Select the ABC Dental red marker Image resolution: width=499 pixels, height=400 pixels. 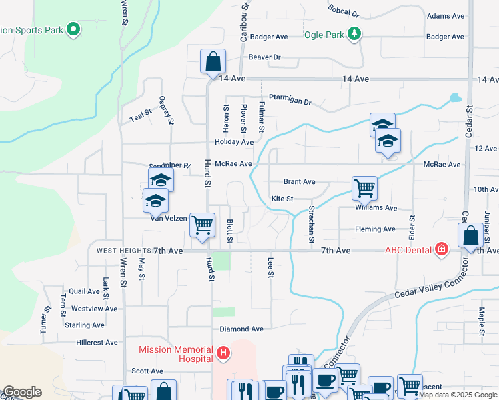tap(441, 250)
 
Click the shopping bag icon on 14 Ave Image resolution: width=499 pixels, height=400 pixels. tap(213, 62)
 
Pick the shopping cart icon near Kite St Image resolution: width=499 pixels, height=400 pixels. tap(364, 188)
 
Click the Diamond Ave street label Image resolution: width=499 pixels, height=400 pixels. tap(241, 329)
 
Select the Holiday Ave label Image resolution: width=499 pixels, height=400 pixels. tap(234, 143)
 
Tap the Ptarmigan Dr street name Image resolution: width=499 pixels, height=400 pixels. tap(290, 99)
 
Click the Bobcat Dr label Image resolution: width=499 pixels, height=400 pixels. tap(343, 11)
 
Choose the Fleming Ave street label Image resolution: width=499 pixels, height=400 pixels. tap(375, 229)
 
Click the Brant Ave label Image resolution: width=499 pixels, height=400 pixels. tap(299, 181)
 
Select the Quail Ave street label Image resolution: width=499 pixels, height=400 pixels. tap(84, 291)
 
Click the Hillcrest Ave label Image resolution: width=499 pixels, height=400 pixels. tap(97, 343)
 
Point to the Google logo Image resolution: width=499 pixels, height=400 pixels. tap(22, 392)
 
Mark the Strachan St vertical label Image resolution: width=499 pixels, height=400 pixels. tap(311, 224)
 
